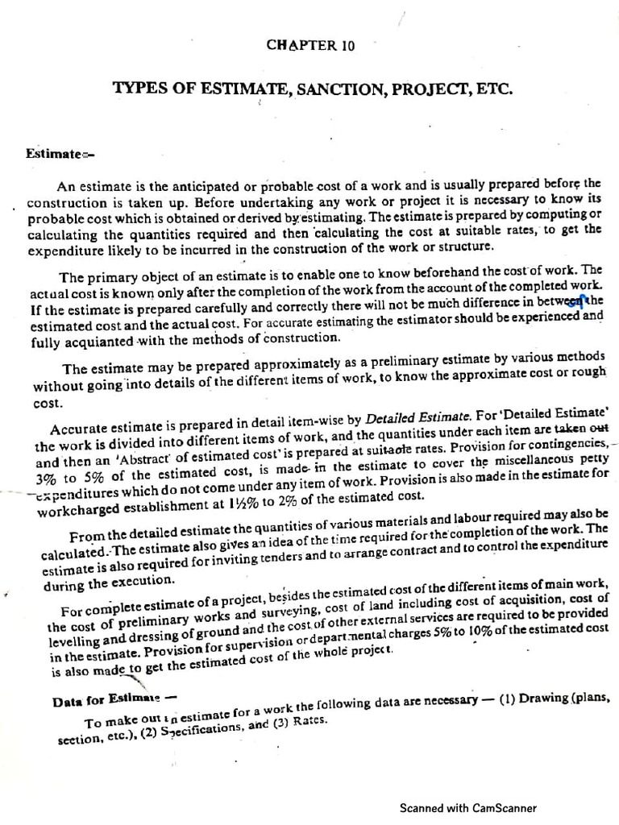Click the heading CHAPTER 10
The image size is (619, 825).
[310, 46]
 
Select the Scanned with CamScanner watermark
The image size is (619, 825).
[467, 808]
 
